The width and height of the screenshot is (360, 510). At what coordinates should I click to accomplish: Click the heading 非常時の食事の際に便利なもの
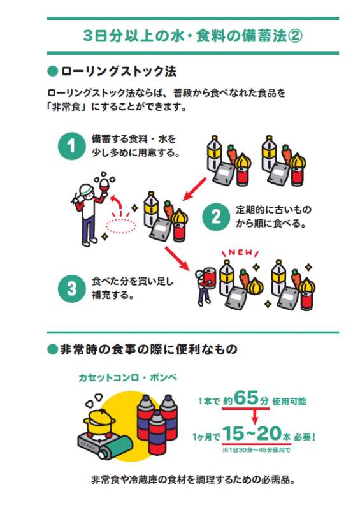click(x=148, y=349)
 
